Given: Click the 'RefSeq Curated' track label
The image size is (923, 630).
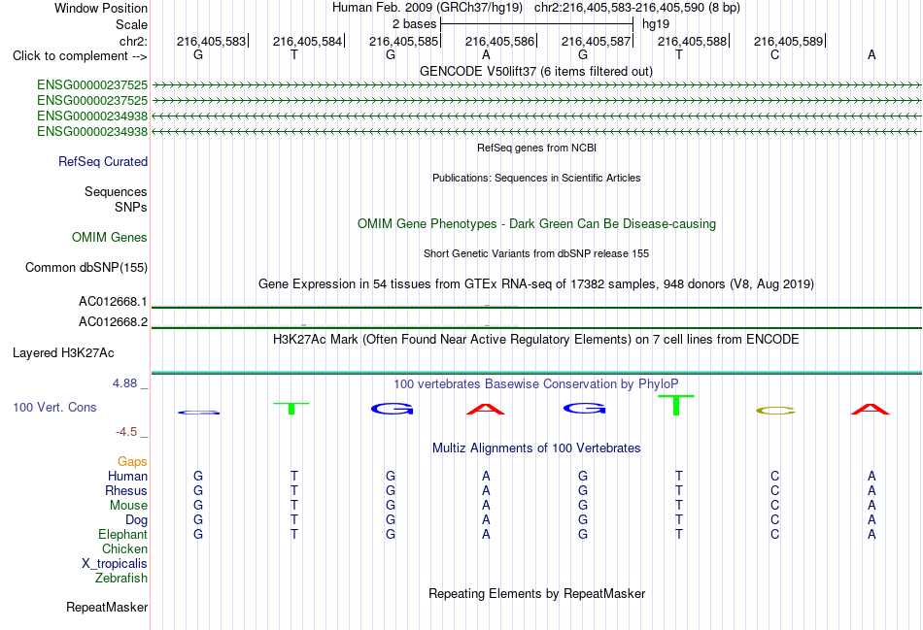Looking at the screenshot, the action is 103,162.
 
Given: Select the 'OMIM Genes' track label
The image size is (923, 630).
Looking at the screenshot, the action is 110,237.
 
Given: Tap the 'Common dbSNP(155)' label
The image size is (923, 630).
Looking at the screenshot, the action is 86,268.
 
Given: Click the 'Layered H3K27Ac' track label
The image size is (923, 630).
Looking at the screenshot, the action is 63,353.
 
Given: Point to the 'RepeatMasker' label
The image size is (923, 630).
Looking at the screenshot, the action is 107,607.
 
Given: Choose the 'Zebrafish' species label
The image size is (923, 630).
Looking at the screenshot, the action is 121,579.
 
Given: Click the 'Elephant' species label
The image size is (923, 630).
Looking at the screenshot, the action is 123,535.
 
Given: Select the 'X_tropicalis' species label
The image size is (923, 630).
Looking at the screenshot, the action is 115,564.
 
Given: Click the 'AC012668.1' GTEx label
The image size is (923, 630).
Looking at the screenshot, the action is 113,302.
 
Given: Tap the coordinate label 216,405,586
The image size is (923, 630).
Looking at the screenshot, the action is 499,41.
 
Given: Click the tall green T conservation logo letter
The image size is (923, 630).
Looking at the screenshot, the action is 676,405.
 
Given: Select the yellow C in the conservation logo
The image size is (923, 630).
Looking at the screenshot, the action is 775,411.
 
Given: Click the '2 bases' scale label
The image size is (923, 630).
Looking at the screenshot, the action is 415,24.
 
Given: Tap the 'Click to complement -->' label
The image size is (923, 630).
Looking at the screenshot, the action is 80,56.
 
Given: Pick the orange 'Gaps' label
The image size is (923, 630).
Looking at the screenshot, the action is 132,462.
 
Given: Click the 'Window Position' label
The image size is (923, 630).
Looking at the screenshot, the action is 101,8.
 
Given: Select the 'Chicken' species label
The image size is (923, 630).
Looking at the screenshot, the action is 124,548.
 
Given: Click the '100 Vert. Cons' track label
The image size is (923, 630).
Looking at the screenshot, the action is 54,407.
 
